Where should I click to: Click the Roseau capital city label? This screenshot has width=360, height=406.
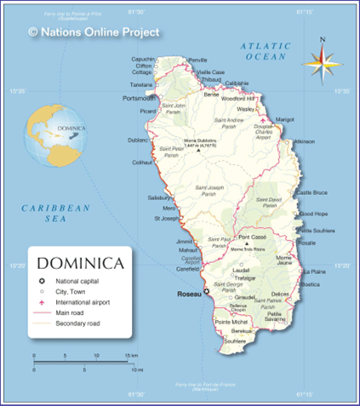187,294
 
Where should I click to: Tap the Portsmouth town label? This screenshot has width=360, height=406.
139,99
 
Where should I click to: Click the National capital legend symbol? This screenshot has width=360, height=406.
40,281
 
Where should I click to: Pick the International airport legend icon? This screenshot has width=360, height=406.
40,302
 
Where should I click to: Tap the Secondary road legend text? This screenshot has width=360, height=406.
77,323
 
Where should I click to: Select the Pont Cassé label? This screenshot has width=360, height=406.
253,237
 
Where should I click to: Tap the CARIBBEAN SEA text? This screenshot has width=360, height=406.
55,213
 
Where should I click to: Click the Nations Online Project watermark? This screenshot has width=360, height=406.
94,32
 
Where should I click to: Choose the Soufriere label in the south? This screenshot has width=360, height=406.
235,340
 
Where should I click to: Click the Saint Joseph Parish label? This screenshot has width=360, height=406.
209,191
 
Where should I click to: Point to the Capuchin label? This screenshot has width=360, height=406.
143,59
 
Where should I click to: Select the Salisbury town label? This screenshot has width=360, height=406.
160,197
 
